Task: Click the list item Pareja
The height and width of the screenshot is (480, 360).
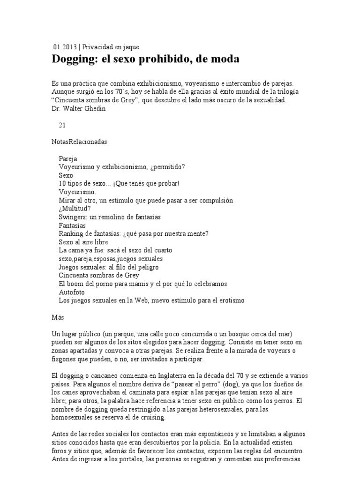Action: click(68, 158)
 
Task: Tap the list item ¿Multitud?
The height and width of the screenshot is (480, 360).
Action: click(75, 209)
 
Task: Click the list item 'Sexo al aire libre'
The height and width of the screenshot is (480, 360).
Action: click(83, 242)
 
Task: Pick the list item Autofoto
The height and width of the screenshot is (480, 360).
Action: click(72, 292)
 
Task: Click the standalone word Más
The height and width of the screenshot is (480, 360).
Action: click(58, 317)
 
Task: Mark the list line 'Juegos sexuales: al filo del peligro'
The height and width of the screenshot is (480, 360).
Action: click(109, 267)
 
